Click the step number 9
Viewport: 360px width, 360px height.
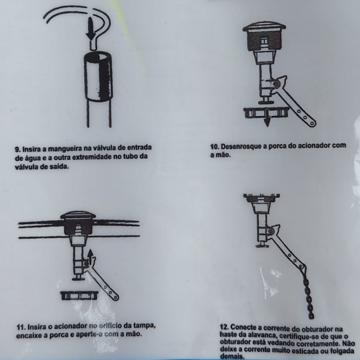coord(18,149)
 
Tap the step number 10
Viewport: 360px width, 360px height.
coord(215,147)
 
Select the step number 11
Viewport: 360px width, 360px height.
coord(21,327)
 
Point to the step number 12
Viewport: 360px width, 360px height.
coord(225,327)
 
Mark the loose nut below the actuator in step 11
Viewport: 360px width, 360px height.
coord(79,295)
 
